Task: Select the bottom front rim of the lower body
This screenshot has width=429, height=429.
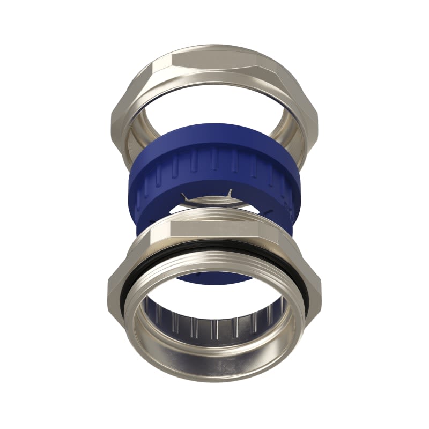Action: coord(214,370)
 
